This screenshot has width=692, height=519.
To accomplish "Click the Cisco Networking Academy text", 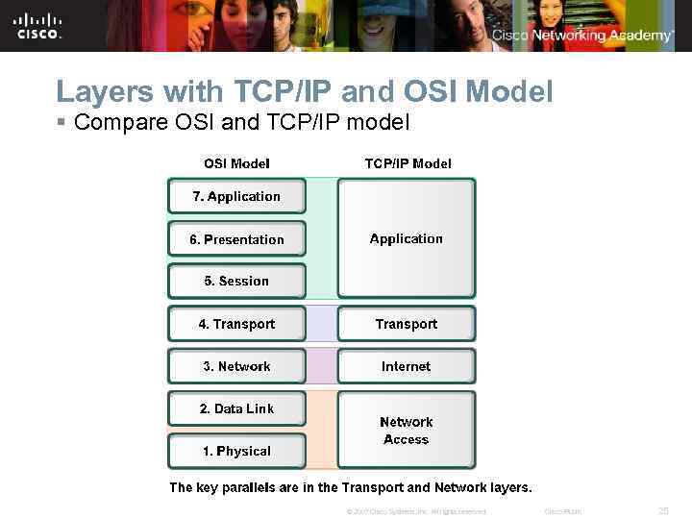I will point(583,36).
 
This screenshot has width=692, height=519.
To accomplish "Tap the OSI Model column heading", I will point(236,163).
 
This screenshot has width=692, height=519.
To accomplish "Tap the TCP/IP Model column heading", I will point(408,163).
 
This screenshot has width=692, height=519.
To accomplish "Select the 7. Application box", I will point(236,196).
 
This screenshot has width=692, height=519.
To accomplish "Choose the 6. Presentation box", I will point(236,239).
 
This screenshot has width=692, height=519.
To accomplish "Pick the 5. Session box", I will point(236,281).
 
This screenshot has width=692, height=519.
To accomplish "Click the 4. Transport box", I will point(236,324).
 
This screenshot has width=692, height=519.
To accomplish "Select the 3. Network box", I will point(236,366).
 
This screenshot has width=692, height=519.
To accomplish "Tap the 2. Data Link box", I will point(236,408).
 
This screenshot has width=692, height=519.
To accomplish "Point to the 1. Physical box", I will point(236,451).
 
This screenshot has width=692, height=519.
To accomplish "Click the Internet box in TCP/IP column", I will point(407,366).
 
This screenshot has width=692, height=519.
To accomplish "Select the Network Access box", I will point(407,430).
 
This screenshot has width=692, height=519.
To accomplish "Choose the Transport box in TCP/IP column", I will point(407,324).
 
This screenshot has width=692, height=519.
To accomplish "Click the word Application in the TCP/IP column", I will point(407,238).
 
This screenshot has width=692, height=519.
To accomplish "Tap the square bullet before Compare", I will point(61,124).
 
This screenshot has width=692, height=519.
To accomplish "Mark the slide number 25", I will point(662,510).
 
